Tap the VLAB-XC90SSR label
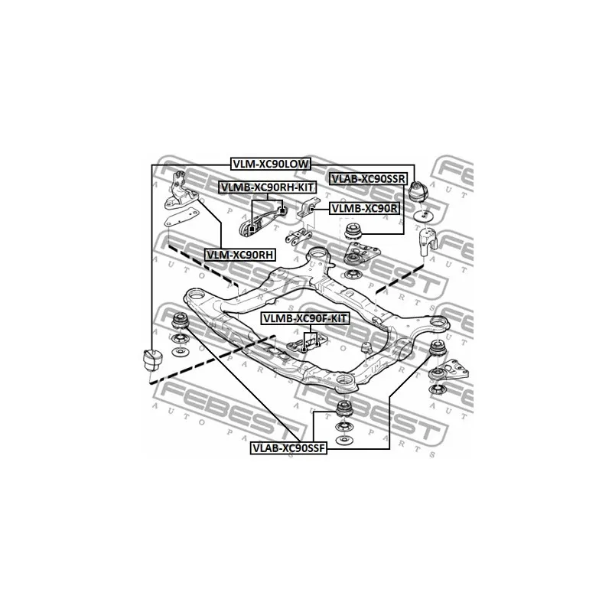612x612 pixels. (x=369, y=179)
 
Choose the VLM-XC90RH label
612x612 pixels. (x=239, y=255)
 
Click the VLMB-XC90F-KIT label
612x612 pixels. (x=304, y=318)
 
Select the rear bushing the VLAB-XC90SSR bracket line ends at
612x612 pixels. (x=354, y=231)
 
